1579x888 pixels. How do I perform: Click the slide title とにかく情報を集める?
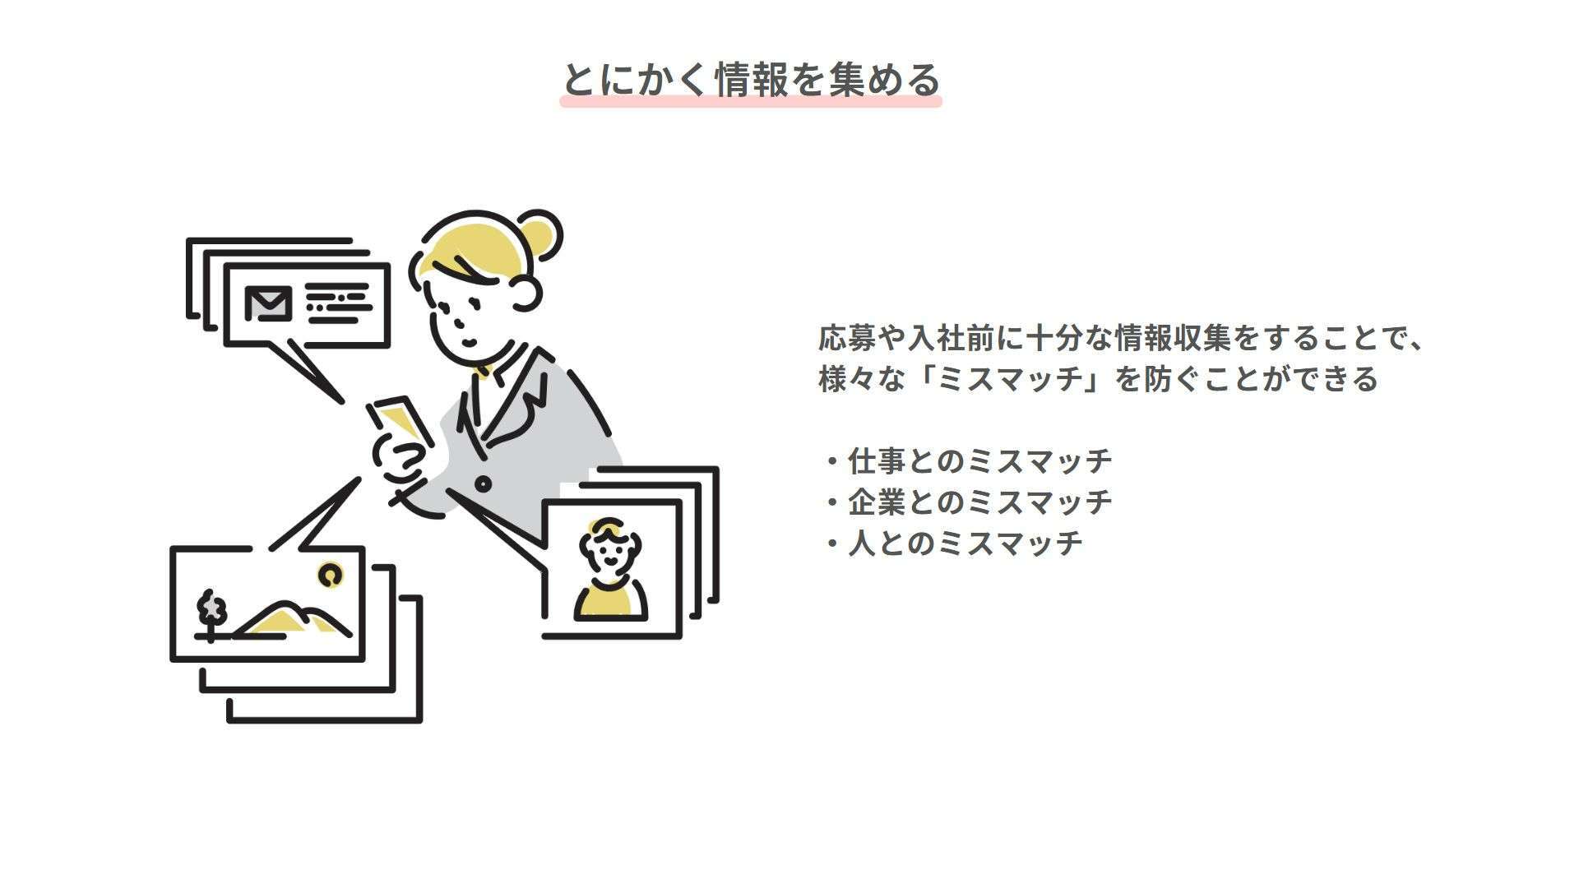(x=751, y=80)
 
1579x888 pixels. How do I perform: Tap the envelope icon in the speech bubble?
(x=268, y=303)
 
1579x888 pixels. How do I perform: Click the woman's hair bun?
(x=538, y=233)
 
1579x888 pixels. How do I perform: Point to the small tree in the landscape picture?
(x=211, y=613)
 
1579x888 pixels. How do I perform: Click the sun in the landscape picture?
(x=331, y=575)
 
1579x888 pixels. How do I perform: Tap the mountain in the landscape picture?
(x=293, y=619)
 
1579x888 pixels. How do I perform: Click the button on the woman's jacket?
(x=483, y=484)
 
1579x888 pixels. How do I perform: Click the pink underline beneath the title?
(x=751, y=101)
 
